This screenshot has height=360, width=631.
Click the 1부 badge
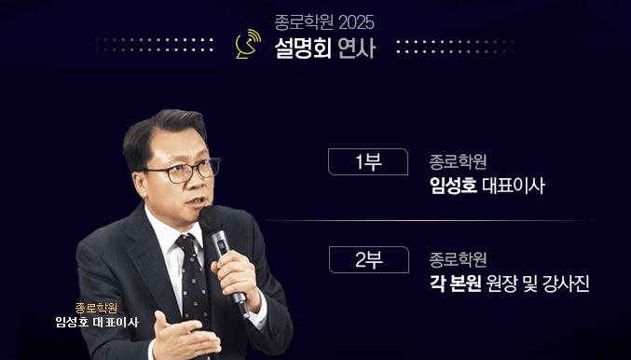click(x=368, y=161)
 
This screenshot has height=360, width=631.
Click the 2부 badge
click(x=368, y=259)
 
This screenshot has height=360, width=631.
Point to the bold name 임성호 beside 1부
click(x=452, y=186)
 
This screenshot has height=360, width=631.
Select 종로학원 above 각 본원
click(x=458, y=259)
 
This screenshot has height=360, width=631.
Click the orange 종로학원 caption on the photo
click(x=97, y=307)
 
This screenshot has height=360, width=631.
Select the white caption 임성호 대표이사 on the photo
click(x=97, y=323)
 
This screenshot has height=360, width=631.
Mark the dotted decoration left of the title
click(x=154, y=44)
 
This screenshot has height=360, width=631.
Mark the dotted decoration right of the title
click(x=456, y=46)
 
